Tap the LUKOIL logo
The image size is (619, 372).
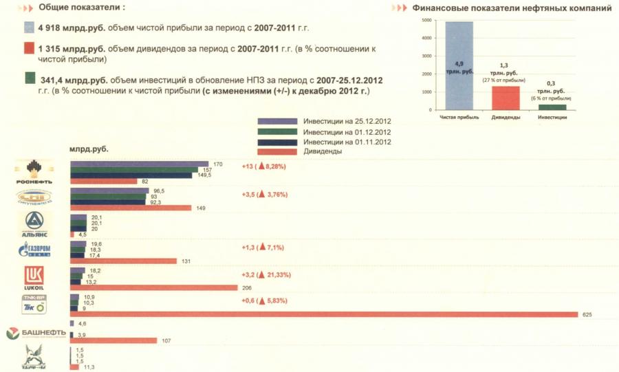coord(35,278)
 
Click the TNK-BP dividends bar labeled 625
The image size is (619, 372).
coord(323,315)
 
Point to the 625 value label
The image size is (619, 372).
coord(587,315)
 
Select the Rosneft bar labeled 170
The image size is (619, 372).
coord(140,164)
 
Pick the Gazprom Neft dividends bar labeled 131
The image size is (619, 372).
coord(123,261)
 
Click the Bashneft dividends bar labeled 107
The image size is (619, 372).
coord(114,340)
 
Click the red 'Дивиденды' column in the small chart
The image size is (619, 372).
coord(505,98)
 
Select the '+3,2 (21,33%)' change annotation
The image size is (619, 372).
coord(265,274)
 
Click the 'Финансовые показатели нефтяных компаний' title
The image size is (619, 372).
coord(512,9)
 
